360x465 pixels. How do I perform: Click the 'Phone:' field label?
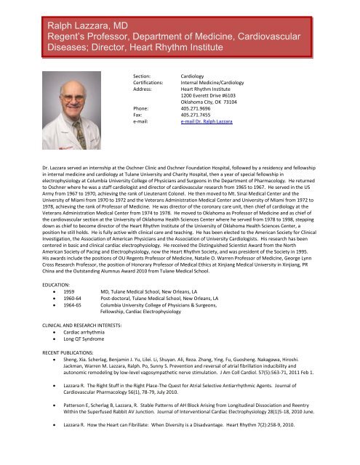[x=143, y=110]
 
